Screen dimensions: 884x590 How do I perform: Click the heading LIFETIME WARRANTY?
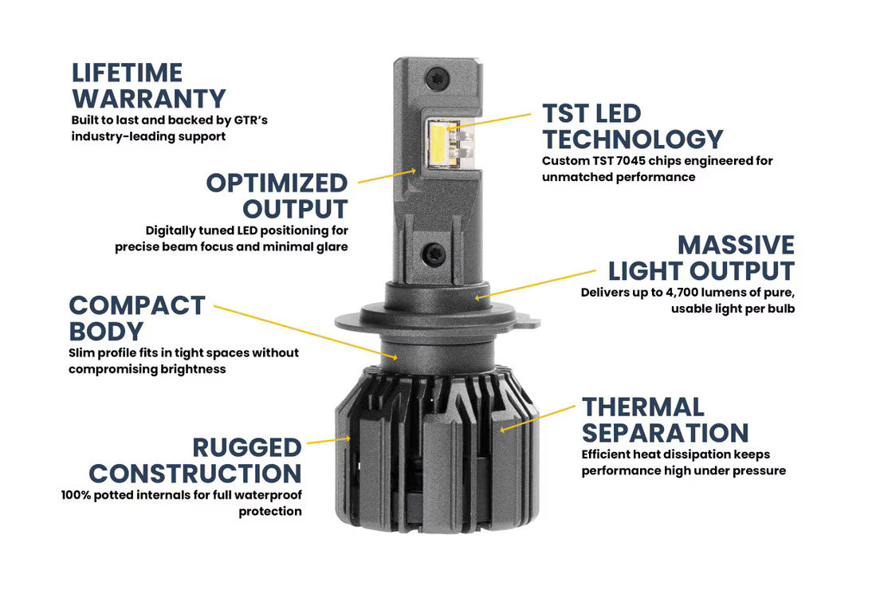tap(149, 86)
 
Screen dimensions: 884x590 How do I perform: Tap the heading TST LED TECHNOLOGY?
tap(633, 126)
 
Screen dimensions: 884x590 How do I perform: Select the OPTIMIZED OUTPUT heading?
tap(277, 195)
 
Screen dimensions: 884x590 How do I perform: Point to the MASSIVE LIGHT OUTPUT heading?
tap(701, 258)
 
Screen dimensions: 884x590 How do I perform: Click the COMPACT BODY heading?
tap(137, 318)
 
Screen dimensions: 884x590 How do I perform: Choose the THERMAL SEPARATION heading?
tap(666, 420)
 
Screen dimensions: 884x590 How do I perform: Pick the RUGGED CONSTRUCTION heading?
tap(195, 460)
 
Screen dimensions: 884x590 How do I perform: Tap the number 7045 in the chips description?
tap(631, 161)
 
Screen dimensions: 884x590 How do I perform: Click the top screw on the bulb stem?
tap(436, 78)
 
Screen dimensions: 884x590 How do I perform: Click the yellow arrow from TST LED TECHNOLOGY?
tap(489, 122)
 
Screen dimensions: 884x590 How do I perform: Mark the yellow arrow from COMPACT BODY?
tap(305, 332)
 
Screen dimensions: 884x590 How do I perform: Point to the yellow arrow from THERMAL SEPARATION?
tap(537, 418)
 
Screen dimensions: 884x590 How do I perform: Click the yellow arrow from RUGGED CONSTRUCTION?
tap(328, 439)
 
